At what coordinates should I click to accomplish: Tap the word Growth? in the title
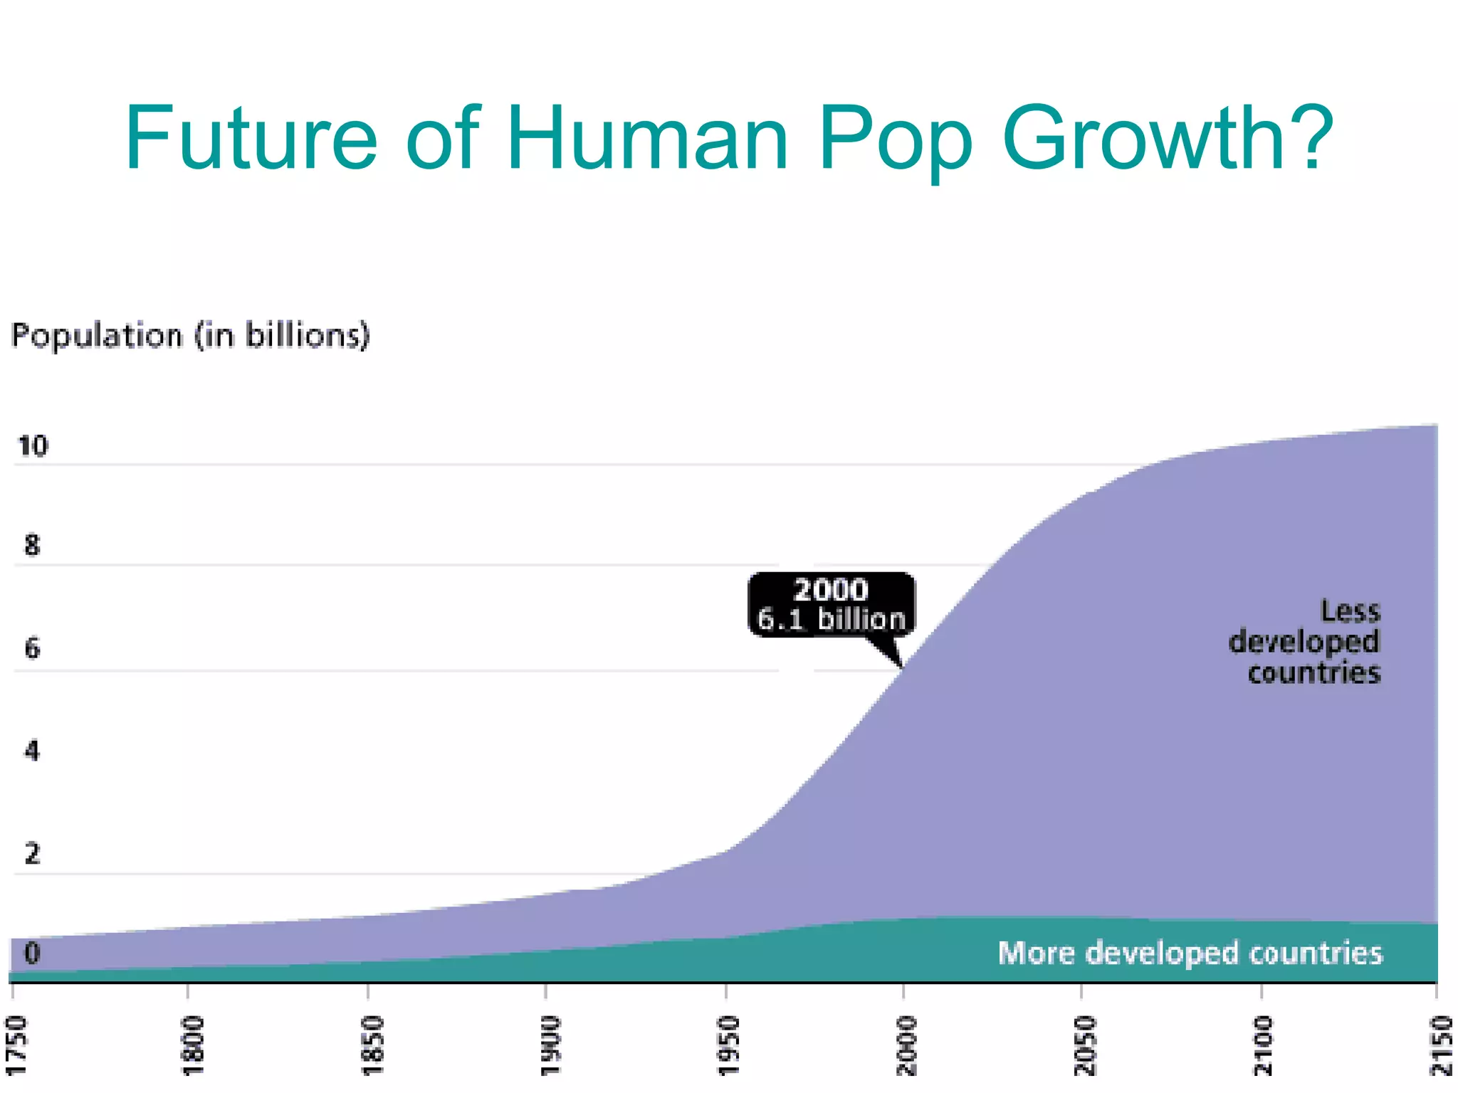(x=1168, y=139)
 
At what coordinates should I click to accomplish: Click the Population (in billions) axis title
(x=191, y=335)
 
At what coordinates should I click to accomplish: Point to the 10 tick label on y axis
(x=33, y=446)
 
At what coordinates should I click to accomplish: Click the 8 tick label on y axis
(x=32, y=546)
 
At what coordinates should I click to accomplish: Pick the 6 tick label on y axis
(x=32, y=648)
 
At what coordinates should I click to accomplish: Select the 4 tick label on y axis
(x=32, y=751)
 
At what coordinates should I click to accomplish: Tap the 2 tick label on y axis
(x=32, y=853)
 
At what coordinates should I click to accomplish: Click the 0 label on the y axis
(x=32, y=953)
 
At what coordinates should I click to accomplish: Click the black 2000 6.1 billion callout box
(x=832, y=604)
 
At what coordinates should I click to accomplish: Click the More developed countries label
(x=1190, y=953)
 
